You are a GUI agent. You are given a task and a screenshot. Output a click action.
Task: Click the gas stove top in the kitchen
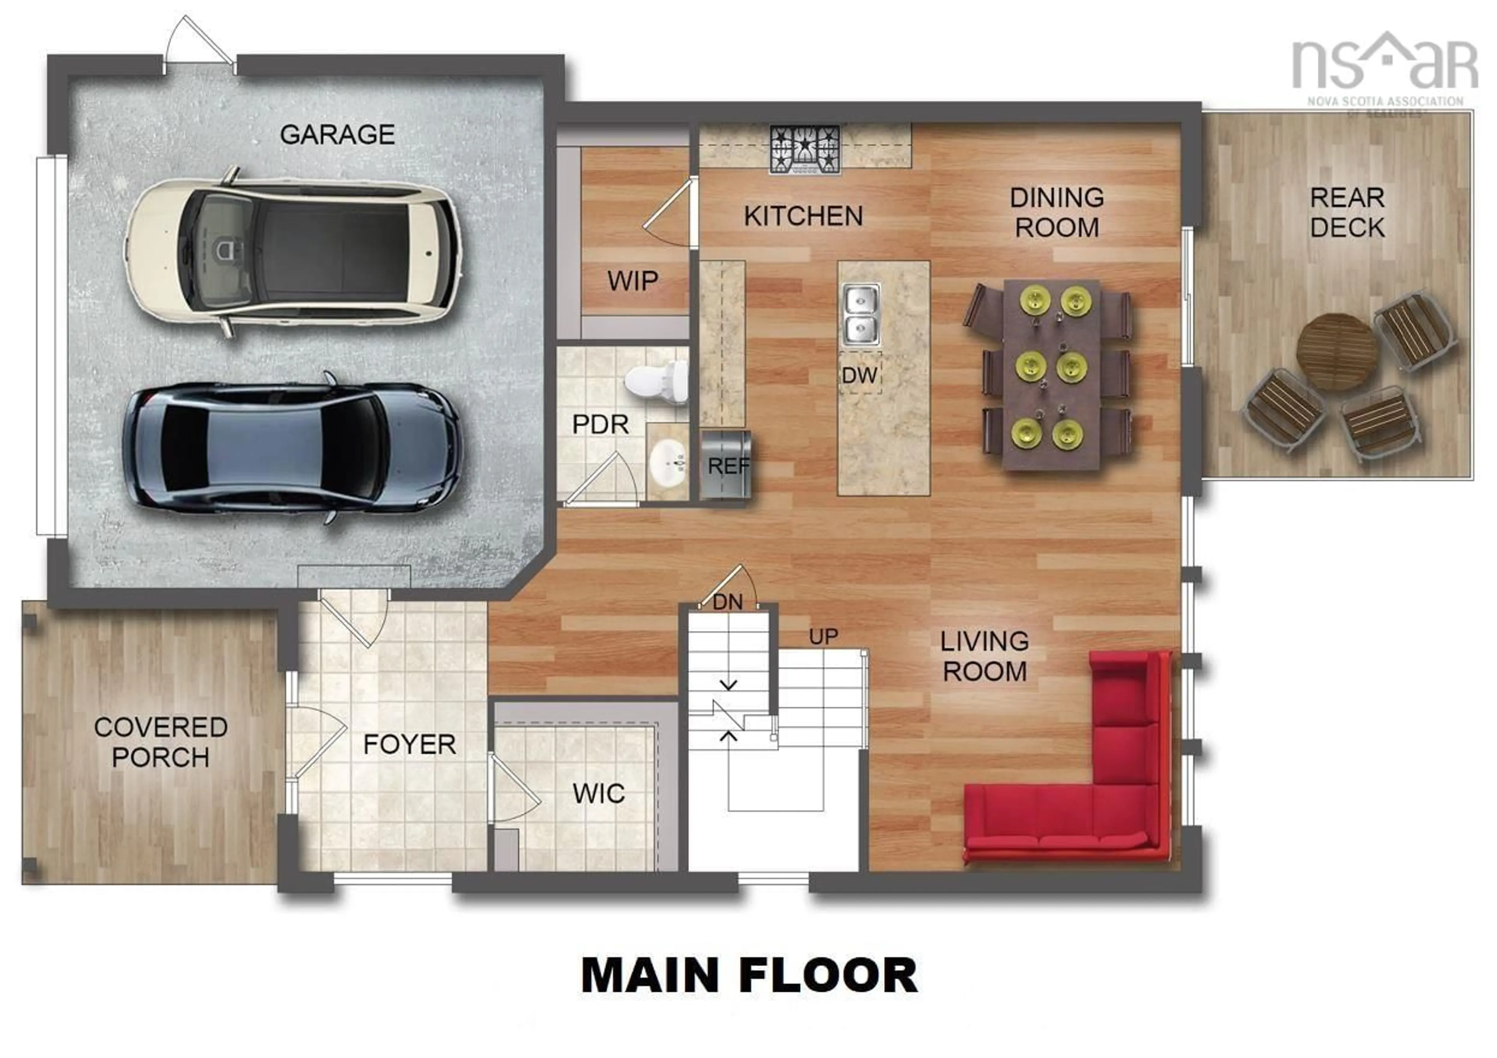coord(805,150)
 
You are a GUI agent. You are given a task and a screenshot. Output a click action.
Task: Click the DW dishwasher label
coord(859,375)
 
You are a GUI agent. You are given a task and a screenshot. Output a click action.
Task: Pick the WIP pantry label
coord(632,281)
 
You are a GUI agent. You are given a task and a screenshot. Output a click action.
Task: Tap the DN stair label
coord(727,602)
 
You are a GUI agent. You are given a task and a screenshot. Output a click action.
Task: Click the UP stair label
coord(823,637)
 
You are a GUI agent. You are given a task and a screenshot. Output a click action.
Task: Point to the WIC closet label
coord(598,794)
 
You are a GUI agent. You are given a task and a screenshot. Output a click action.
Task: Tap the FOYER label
coord(409,744)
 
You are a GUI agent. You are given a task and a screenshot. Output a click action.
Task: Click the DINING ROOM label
coord(1056,213)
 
